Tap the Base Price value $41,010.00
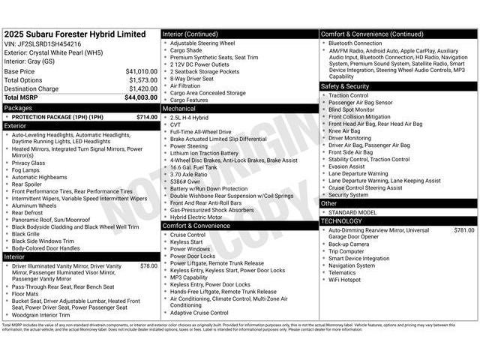[141, 71]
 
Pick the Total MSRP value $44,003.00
[141, 97]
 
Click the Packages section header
[18, 107]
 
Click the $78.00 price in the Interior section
[148, 265]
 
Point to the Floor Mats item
[28, 293]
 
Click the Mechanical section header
[179, 108]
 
